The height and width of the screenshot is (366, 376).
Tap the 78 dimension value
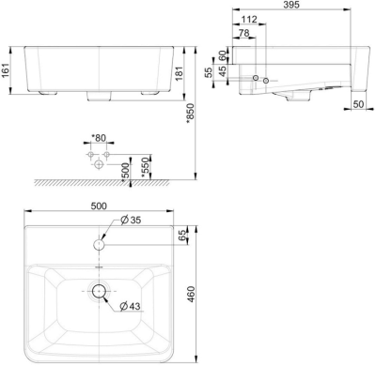point(244,34)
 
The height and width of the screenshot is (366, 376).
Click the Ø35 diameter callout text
point(131,221)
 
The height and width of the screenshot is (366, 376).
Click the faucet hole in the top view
point(99,244)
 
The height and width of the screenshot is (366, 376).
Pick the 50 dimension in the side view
point(358,105)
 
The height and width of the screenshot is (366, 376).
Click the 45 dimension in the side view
point(224,72)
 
